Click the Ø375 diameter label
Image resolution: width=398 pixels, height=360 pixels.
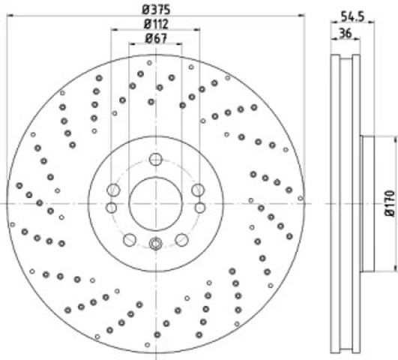(156, 10)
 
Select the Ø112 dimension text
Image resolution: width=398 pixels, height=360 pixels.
(156, 24)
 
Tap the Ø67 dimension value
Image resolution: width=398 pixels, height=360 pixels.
(156, 38)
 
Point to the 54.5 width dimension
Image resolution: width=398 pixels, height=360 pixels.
(352, 16)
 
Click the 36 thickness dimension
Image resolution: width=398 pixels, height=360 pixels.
(346, 33)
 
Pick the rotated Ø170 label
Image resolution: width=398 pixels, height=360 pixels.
(391, 204)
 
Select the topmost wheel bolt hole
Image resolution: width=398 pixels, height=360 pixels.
(156, 160)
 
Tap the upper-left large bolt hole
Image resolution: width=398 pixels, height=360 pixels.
(113, 190)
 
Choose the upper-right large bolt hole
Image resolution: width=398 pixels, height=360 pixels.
(198, 190)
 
